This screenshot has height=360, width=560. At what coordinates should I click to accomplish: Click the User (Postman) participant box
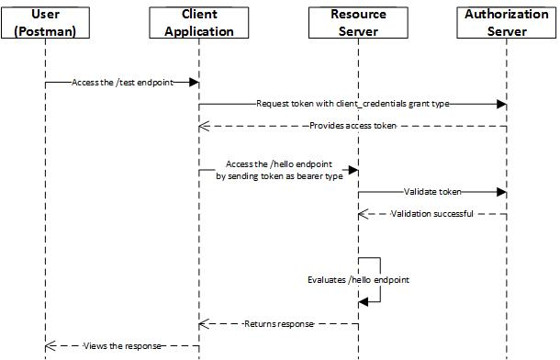43,22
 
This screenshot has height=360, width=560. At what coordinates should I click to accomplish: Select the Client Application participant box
199,22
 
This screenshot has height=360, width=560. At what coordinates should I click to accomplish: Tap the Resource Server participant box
358,22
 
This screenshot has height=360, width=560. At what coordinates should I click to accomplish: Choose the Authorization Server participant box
507,22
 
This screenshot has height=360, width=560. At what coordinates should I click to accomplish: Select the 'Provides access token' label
353,126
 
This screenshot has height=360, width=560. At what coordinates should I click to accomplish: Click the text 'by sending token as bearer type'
279,176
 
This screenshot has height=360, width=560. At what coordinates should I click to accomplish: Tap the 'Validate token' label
431,192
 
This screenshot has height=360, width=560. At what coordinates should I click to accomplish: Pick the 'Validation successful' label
431,214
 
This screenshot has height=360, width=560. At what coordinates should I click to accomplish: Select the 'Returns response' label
278,323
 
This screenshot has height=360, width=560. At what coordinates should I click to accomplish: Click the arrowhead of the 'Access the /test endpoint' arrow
195,82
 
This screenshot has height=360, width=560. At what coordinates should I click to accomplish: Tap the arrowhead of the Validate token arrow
502,192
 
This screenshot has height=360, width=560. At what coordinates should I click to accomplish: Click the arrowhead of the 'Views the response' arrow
50,345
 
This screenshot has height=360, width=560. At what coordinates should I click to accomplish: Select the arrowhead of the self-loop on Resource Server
364,300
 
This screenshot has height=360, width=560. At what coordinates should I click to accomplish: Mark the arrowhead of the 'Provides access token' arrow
205,126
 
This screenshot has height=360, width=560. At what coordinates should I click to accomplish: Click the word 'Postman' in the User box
43,30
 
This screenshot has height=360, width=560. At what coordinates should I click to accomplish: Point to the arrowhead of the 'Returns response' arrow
205,323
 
